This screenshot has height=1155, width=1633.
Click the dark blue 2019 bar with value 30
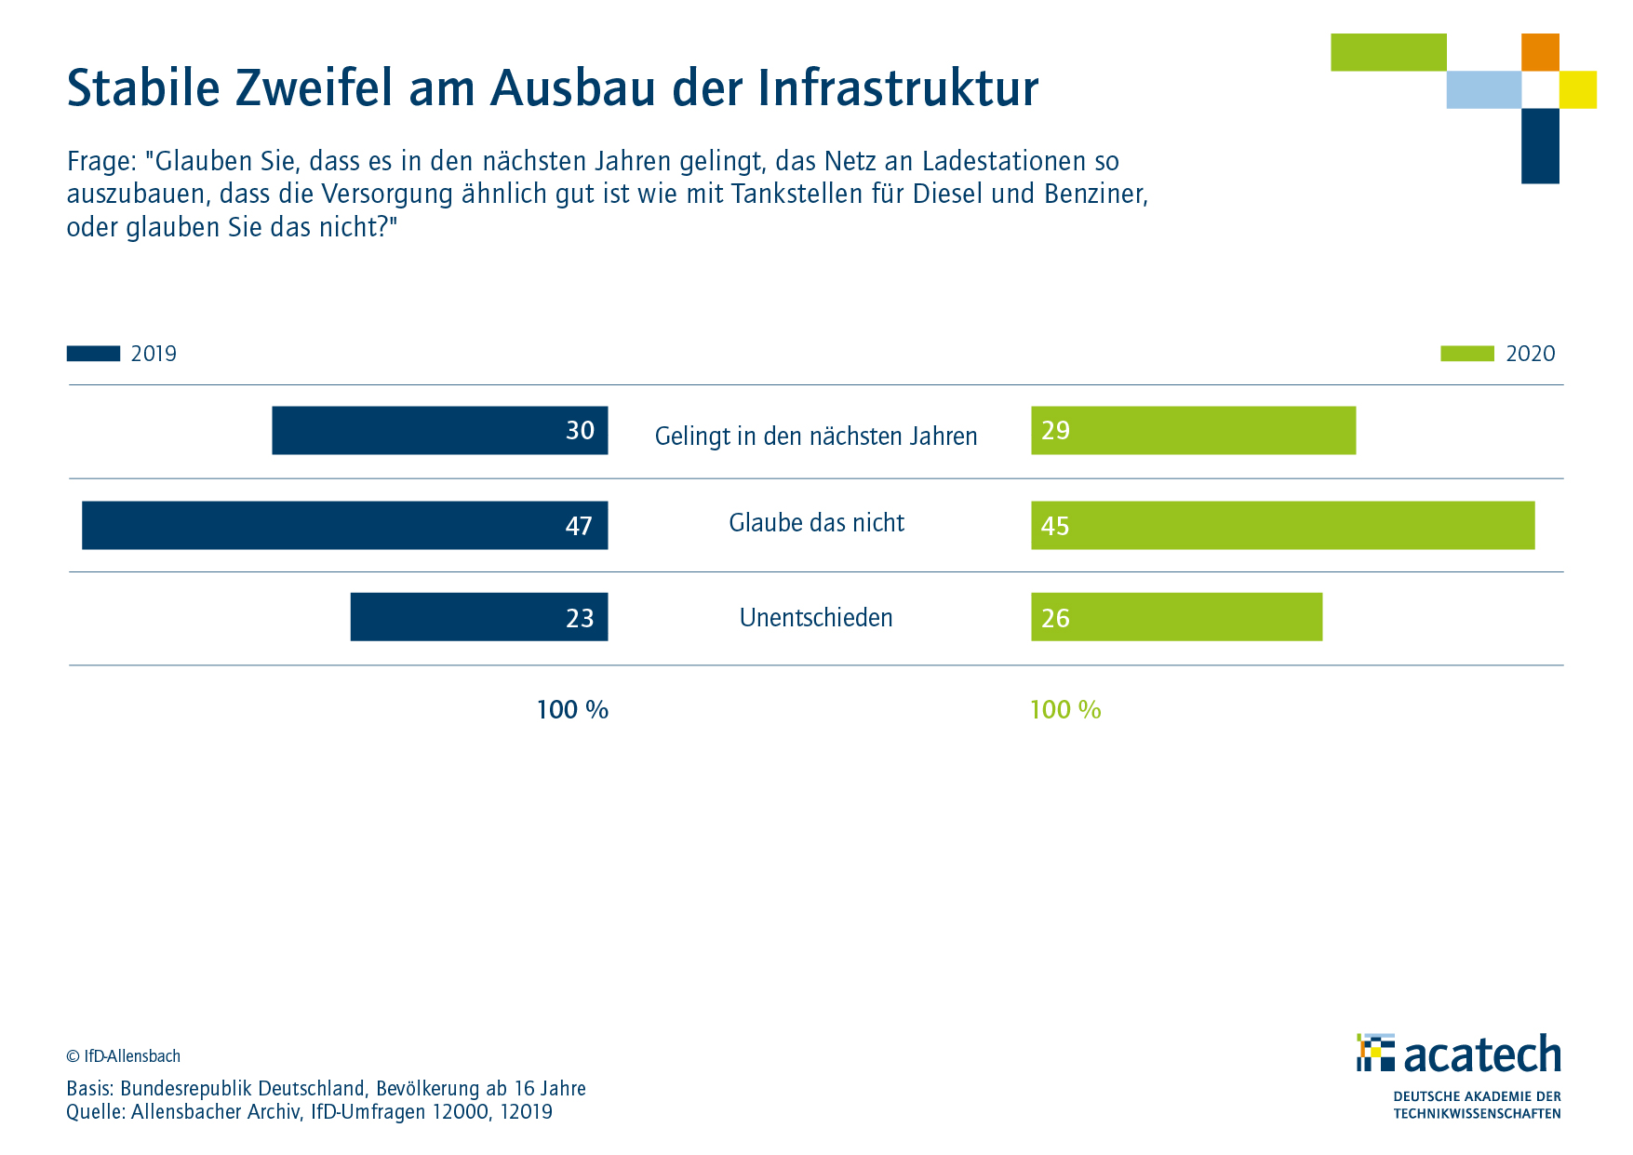click(439, 430)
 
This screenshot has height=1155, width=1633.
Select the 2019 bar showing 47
click(344, 525)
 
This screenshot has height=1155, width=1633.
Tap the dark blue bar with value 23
click(478, 617)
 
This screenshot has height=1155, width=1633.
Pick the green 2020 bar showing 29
click(1193, 430)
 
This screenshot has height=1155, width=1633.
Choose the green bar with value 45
click(1282, 525)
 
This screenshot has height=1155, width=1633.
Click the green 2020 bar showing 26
click(1176, 617)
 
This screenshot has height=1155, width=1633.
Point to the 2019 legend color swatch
click(93, 354)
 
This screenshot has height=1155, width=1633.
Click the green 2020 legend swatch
click(1466, 354)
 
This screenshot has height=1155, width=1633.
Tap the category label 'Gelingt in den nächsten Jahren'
click(816, 436)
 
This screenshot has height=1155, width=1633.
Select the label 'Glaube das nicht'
click(816, 523)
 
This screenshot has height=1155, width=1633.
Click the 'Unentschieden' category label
click(816, 618)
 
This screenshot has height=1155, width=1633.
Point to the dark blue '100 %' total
click(572, 710)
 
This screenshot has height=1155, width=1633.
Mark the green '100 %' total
click(1065, 710)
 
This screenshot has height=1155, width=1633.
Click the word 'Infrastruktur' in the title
click(898, 89)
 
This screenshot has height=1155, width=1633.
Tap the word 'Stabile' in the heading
click(143, 89)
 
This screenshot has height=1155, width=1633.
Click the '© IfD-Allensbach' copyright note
click(123, 1056)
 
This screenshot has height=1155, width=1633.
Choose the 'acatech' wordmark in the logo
click(1481, 1055)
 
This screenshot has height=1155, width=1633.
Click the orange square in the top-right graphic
click(1540, 52)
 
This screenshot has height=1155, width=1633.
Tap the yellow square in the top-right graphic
click(1578, 89)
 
